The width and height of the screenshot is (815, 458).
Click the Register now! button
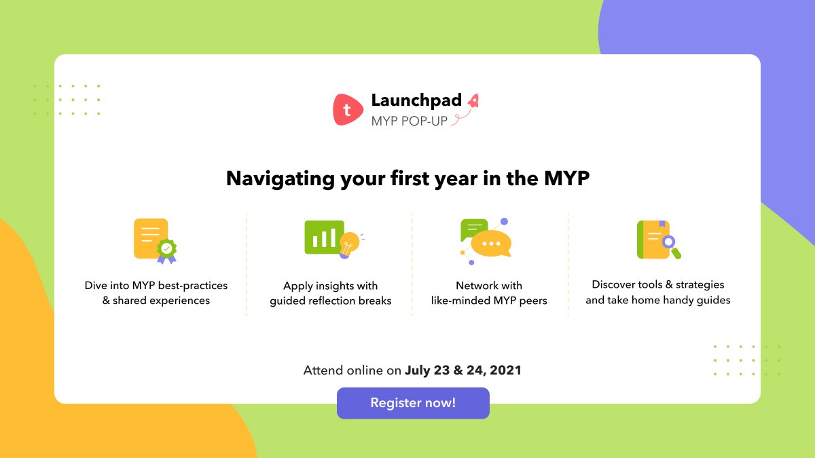(x=413, y=403)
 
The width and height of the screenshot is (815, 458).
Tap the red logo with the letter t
(x=348, y=110)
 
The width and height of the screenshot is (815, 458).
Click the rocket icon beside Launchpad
(x=473, y=101)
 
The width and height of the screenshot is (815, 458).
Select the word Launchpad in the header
(x=416, y=100)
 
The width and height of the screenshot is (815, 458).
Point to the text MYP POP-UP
(x=409, y=121)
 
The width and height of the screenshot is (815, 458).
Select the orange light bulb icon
(x=349, y=243)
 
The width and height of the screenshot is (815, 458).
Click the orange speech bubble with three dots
(x=490, y=244)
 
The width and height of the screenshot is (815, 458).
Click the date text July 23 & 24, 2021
(x=463, y=370)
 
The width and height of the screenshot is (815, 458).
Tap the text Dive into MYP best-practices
(x=156, y=285)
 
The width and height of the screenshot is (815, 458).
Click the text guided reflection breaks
(x=331, y=301)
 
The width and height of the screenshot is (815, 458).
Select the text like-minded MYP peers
(x=489, y=301)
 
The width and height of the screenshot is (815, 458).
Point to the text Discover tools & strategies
(x=658, y=284)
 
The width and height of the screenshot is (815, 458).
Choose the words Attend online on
(x=352, y=370)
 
